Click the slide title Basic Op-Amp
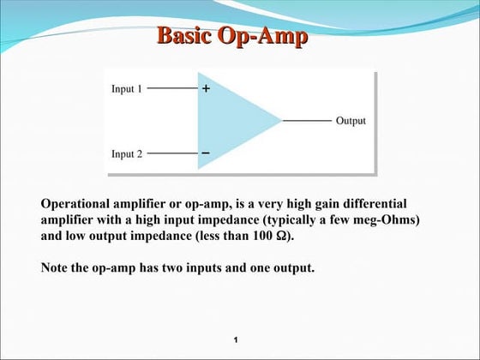click(232, 37)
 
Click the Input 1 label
click(127, 88)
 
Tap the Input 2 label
click(127, 154)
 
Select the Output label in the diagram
click(351, 121)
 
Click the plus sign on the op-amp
click(206, 88)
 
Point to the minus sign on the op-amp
click(206, 153)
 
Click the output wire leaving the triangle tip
click(306, 121)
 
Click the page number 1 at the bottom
click(235, 341)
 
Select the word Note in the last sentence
click(56, 267)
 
